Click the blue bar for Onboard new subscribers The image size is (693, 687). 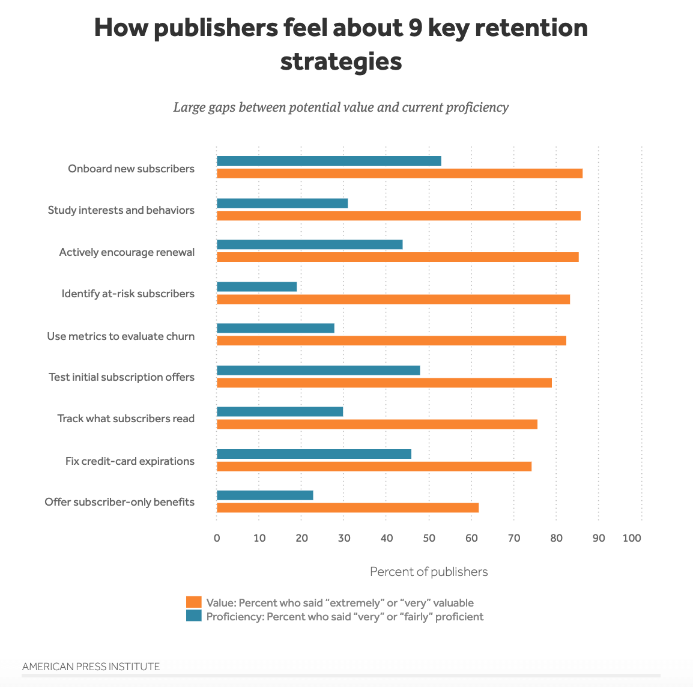[328, 161]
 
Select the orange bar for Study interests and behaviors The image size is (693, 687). [398, 216]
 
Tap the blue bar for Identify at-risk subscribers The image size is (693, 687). [256, 286]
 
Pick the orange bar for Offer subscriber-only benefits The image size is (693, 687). [347, 507]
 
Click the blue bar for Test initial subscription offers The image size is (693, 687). [318, 370]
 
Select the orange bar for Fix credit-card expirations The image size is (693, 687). [374, 466]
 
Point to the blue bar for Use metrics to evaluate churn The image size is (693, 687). [275, 328]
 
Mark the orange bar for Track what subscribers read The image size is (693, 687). [377, 424]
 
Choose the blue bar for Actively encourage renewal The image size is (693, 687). [309, 244]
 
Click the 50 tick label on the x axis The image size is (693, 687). [429, 538]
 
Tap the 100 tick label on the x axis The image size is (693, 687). [632, 538]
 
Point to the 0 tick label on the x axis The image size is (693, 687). [217, 538]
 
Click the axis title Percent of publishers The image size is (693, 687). [429, 572]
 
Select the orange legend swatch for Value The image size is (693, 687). [193, 602]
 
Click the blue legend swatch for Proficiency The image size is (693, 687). [193, 616]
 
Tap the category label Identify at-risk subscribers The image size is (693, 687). [128, 294]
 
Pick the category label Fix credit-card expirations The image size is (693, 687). [130, 461]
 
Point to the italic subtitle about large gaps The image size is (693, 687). [340, 107]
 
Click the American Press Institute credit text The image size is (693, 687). [91, 667]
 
